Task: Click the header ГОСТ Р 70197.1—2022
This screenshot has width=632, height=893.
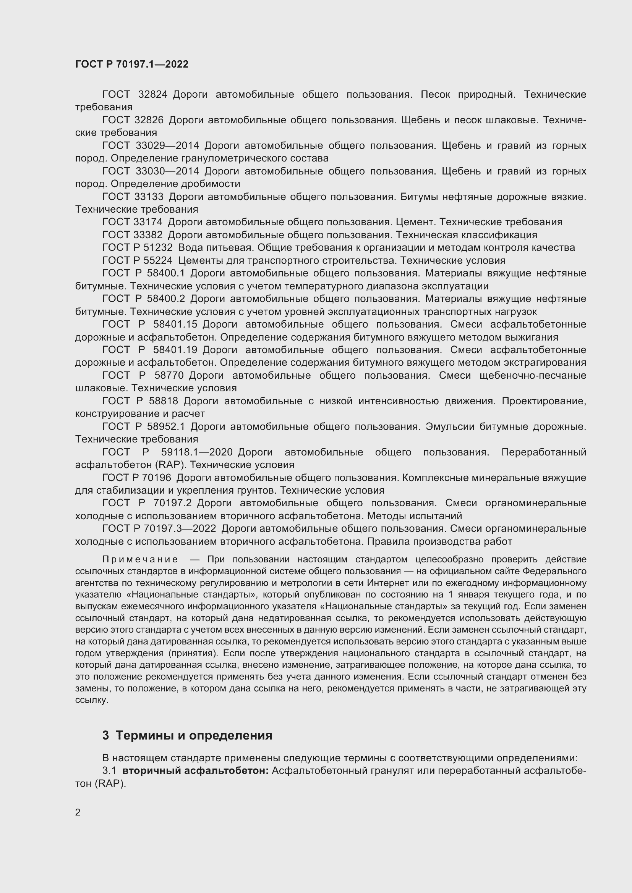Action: pos(131,64)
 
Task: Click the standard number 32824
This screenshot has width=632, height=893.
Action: pos(152,95)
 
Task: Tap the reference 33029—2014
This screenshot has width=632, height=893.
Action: pos(167,146)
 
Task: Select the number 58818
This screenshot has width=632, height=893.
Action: pos(162,401)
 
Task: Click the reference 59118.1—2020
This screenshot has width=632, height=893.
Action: pos(196,452)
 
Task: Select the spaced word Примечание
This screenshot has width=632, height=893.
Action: pos(140,560)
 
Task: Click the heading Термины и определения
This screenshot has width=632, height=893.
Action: pos(194,735)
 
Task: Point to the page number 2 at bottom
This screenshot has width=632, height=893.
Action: pos(78,812)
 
